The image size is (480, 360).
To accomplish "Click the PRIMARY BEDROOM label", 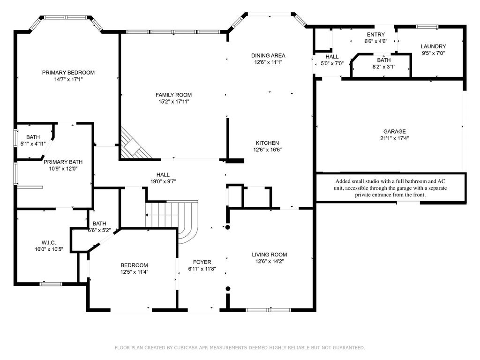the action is point(68,73).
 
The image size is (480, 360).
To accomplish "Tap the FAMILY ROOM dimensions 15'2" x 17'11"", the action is point(173,102).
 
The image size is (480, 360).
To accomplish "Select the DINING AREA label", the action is point(268,55).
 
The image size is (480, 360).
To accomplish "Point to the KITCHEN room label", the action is point(267,143).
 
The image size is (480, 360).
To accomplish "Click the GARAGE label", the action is point(395,131).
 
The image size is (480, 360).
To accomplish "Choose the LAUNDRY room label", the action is point(433,46).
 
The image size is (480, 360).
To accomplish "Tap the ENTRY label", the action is point(376,35).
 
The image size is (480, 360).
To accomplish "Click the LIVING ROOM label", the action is point(270,255).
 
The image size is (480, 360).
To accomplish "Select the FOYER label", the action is point(202,262).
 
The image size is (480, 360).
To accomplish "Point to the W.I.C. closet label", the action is point(49,242).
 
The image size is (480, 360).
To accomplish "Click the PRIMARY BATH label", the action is point(63,162).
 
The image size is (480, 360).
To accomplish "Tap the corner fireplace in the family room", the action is point(135,144).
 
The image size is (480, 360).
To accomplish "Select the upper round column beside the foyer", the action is point(228,227).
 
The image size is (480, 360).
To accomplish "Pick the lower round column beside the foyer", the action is point(228,288).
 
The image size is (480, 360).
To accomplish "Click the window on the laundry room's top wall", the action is point(427,27).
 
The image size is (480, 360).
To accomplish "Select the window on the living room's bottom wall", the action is point(269,310).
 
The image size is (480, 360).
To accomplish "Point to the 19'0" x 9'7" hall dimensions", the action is point(163,181).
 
